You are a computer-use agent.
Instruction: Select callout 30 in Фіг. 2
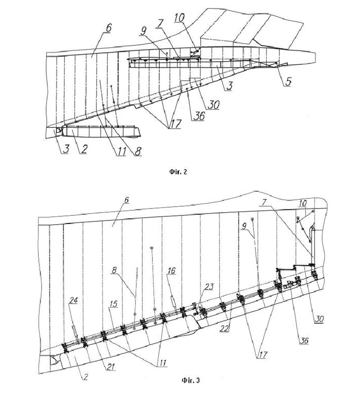(x=214, y=103)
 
